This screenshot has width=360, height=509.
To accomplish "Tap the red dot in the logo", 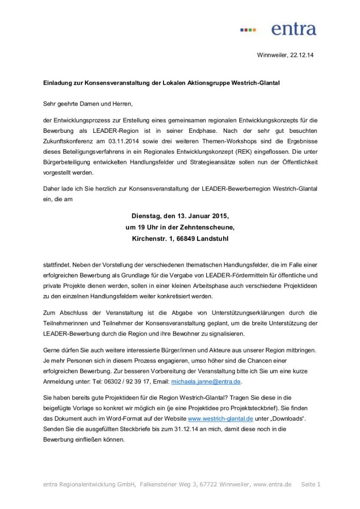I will coord(246,30).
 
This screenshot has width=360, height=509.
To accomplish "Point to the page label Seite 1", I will coord(311,484).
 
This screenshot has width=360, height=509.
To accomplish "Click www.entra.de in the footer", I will coord(272,484).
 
